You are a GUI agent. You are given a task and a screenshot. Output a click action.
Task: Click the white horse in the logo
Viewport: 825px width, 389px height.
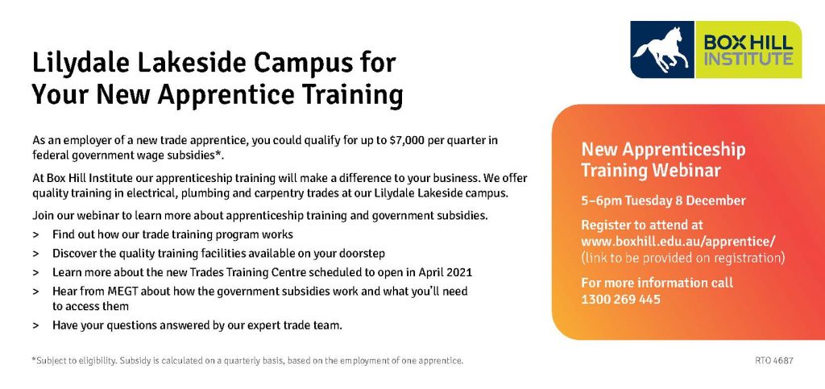click(660, 50)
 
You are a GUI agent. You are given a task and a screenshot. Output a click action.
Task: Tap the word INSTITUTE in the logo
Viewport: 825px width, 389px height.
click(748, 58)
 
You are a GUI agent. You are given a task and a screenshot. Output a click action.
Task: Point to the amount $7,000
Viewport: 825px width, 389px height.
click(408, 141)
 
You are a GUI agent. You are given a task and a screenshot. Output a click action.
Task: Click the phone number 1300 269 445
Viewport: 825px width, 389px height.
click(620, 300)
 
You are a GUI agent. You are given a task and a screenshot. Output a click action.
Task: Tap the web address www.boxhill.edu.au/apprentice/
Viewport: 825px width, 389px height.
click(678, 242)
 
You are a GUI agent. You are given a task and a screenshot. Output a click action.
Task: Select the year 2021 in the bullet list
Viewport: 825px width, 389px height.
click(458, 273)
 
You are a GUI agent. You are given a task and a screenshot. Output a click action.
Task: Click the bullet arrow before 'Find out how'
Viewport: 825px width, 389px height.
click(35, 234)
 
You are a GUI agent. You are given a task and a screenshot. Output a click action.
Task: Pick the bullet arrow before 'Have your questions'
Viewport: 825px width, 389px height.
click(35, 326)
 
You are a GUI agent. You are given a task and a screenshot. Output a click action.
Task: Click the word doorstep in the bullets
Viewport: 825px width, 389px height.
click(362, 254)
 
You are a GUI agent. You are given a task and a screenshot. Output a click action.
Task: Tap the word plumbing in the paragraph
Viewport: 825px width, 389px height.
click(203, 193)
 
